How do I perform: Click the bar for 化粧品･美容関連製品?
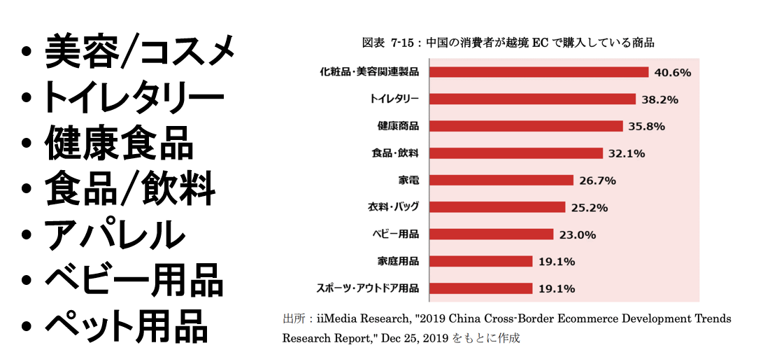coord(539,72)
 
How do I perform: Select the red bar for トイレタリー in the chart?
coord(532,99)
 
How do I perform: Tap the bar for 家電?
coord(501,181)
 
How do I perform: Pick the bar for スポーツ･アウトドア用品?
coord(480,288)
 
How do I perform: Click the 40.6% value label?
coord(673,72)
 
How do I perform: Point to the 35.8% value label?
coord(646,127)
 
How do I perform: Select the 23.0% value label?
coord(578,234)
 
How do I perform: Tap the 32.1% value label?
coord(626,153)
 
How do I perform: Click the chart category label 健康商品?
coord(398,127)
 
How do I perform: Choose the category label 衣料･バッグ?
coord(394,207)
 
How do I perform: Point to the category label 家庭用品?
coord(398,261)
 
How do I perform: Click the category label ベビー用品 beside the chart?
coord(396,234)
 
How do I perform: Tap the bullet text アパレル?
coord(115,236)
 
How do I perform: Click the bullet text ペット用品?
coord(126,325)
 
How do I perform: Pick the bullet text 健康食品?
coord(119,143)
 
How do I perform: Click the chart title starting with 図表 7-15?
coord(508,42)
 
